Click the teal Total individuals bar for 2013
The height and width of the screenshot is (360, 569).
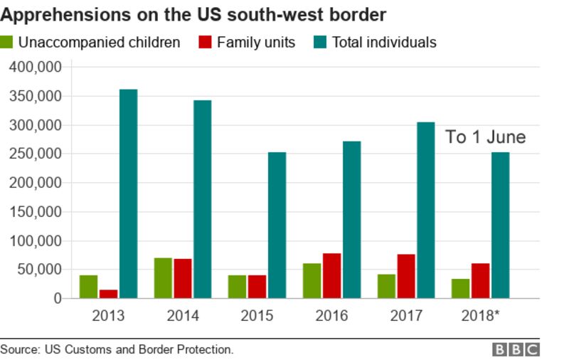(128, 194)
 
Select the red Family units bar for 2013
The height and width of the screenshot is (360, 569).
(108, 294)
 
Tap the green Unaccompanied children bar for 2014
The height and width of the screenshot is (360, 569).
(163, 278)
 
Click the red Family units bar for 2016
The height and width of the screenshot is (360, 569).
(331, 275)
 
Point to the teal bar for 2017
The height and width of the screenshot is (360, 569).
(425, 210)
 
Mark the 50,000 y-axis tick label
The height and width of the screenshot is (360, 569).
(40, 270)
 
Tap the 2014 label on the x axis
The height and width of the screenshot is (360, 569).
(183, 316)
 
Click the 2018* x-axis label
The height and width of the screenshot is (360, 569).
(481, 316)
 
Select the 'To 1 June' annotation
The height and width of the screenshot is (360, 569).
(485, 137)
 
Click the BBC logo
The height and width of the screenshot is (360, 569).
(516, 349)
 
